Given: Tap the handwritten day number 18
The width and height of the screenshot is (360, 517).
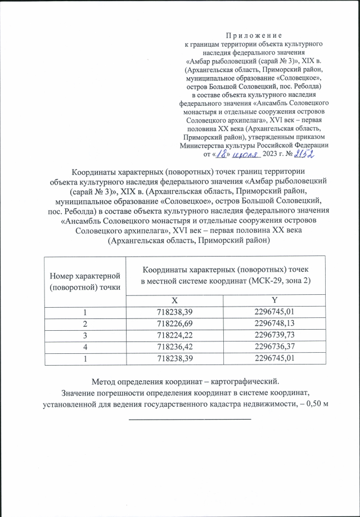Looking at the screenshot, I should click(x=224, y=152).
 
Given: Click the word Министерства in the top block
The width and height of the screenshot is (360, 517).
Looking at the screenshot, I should click(x=204, y=144).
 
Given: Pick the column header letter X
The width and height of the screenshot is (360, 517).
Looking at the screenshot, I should click(x=175, y=301).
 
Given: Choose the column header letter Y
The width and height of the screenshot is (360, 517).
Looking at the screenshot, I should click(x=274, y=301).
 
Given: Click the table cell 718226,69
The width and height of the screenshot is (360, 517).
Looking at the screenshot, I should click(x=175, y=323).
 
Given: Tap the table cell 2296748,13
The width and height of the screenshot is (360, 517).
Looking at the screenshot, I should click(x=274, y=323).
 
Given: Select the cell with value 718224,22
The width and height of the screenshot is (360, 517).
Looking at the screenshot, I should click(x=175, y=335).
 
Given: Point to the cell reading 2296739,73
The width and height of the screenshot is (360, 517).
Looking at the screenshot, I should click(x=274, y=335).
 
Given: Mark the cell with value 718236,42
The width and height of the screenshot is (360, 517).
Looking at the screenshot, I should click(x=175, y=346).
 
